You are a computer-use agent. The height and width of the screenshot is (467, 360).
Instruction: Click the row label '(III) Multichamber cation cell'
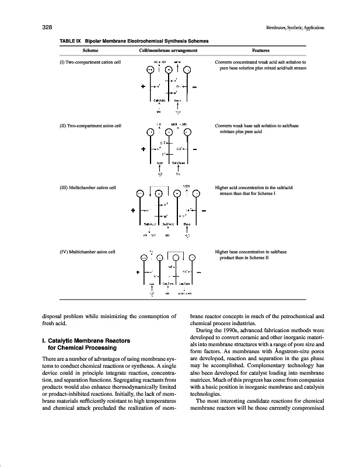coord(89,187)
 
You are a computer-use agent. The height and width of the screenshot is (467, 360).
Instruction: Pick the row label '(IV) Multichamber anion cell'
coord(88,252)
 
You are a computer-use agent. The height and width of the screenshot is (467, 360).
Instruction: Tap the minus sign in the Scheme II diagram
coord(195,149)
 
